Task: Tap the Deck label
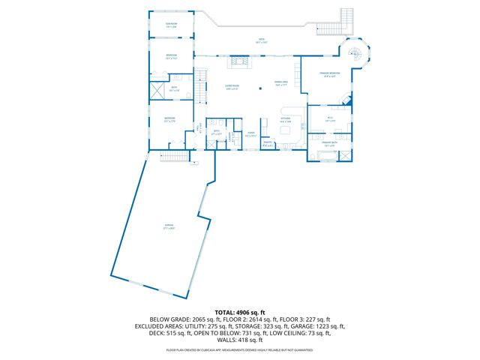(x=261, y=42)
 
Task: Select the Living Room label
(x=232, y=86)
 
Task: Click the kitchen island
(x=285, y=130)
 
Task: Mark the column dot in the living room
(x=260, y=89)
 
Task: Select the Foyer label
(x=251, y=135)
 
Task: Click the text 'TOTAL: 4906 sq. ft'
(x=240, y=311)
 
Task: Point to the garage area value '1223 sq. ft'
(x=328, y=326)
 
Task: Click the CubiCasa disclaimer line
(x=240, y=349)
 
